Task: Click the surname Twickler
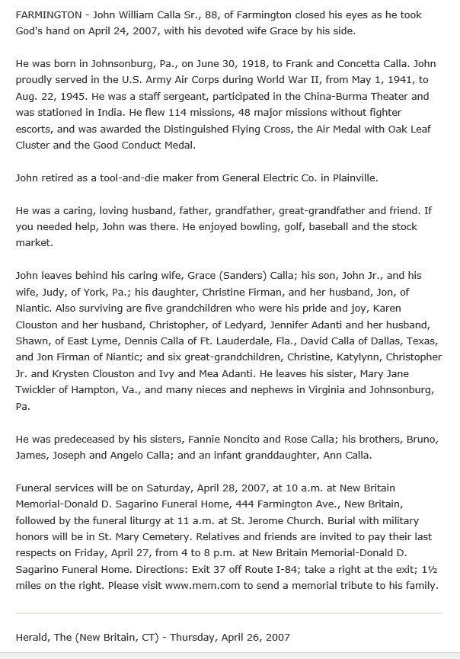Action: (x=42, y=389)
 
